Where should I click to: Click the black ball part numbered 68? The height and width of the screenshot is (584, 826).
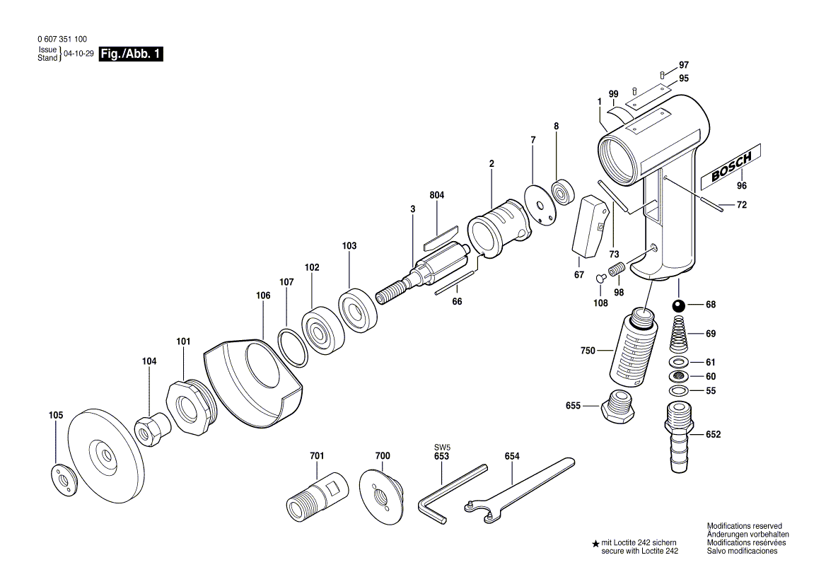(x=678, y=306)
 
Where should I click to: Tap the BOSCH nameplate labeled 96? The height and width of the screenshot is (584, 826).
(x=731, y=168)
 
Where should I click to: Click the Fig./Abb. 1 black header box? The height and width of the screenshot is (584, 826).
(x=132, y=54)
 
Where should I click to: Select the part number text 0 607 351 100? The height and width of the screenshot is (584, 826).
(x=62, y=40)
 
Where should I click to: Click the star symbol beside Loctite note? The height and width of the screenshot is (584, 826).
(x=595, y=544)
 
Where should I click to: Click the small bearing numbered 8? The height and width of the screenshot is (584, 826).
(x=563, y=192)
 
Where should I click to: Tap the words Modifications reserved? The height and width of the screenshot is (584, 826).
(x=744, y=526)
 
